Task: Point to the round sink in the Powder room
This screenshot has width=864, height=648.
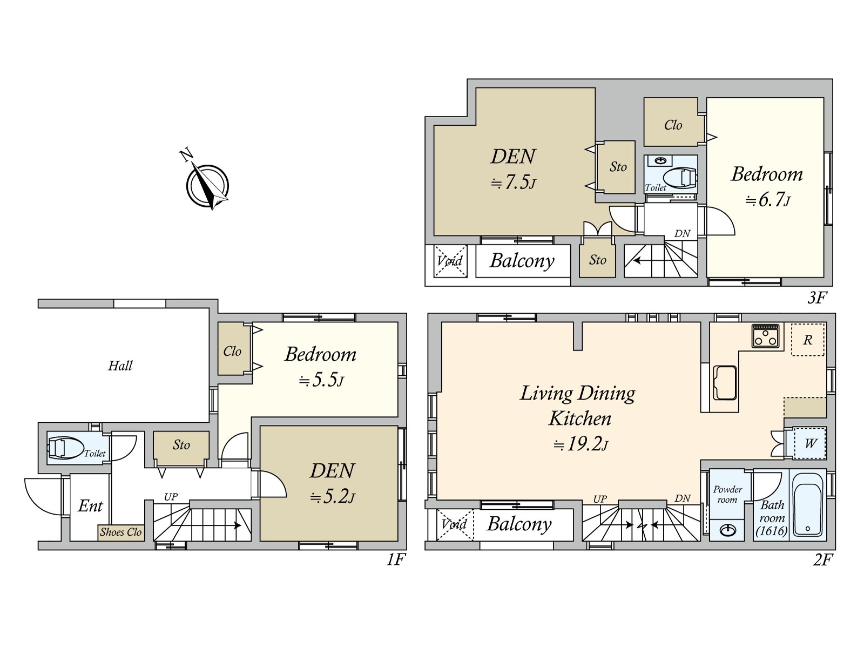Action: point(728,531)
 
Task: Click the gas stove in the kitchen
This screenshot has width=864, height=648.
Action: point(766,335)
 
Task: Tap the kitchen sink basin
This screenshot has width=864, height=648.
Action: point(725,382)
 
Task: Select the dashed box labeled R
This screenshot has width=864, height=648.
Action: point(808,340)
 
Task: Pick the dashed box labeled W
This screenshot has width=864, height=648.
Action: point(810,443)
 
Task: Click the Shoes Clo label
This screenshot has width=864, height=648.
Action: point(121,532)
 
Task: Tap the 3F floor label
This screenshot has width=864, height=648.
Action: point(817,298)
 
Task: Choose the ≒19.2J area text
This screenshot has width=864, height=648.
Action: point(581,444)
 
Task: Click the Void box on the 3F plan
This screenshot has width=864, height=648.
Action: point(450,261)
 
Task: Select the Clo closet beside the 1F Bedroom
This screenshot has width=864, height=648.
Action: point(232,350)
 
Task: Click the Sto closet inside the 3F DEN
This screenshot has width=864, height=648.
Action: point(618,167)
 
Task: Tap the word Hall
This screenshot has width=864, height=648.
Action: point(120,366)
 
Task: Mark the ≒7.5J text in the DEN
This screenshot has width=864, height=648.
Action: point(513,183)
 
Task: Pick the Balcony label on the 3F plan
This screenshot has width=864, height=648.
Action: point(522,261)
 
